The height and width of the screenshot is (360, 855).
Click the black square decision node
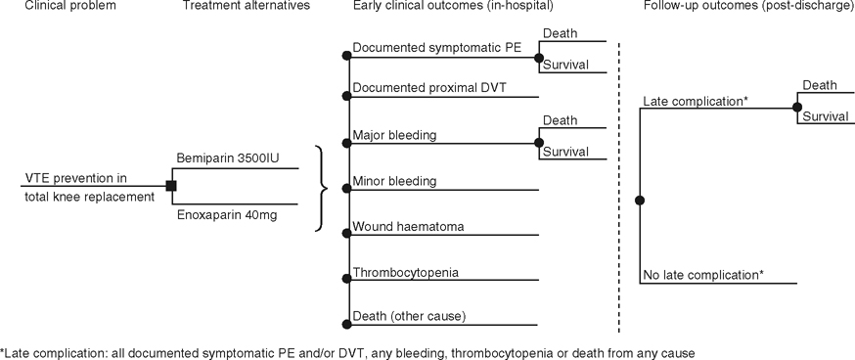tap(170, 185)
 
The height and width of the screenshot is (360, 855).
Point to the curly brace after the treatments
tap(319, 188)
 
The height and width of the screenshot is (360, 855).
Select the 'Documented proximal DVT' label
tap(429, 88)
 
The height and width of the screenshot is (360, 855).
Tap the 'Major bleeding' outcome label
tap(394, 134)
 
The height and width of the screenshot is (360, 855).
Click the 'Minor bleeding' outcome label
tap(394, 181)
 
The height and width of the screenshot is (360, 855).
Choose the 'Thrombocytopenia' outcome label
tap(405, 272)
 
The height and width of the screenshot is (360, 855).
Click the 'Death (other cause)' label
tap(409, 316)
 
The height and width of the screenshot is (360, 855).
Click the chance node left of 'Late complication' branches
tap(640, 200)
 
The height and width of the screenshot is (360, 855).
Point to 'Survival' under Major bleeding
tap(565, 152)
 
